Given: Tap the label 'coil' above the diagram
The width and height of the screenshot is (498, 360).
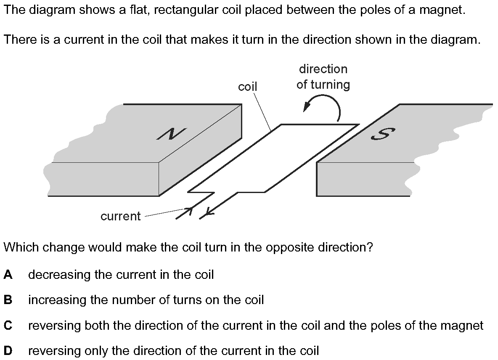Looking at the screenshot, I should (x=247, y=87).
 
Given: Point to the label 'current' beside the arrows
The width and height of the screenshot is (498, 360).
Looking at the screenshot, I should (x=121, y=216).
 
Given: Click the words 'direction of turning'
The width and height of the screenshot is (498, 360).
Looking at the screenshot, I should (x=323, y=77).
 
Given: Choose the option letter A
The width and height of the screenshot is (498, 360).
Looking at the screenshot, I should (x=8, y=275).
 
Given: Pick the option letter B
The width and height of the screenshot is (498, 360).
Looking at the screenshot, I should (x=8, y=300).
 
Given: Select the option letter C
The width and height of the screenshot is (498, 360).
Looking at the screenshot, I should (x=8, y=326).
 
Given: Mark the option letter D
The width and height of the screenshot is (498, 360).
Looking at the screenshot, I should (x=8, y=351).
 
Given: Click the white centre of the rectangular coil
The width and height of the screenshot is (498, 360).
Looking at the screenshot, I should (x=273, y=158).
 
